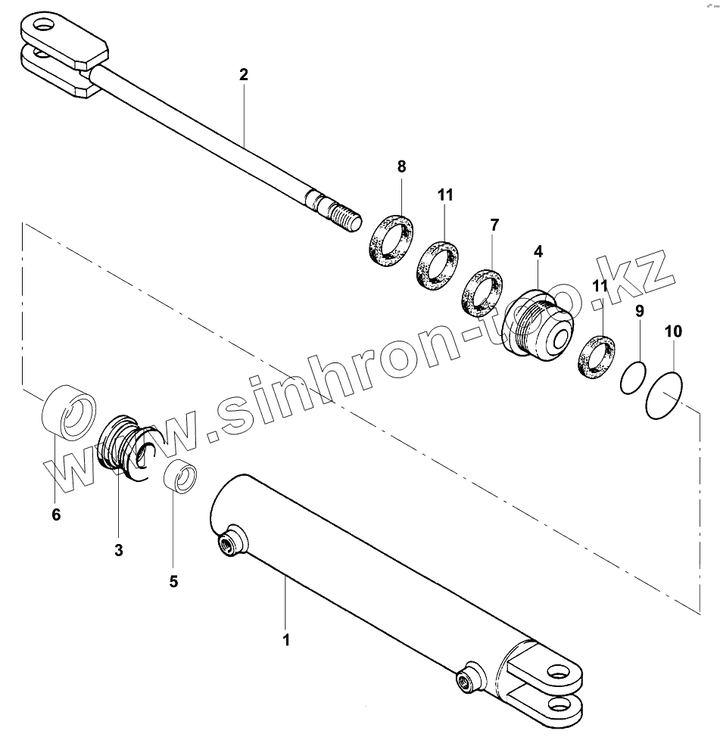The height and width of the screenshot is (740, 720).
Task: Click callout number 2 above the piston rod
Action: [x=243, y=75]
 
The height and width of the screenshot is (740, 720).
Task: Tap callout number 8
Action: [x=401, y=166]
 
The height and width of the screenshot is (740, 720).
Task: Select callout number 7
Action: [x=494, y=225]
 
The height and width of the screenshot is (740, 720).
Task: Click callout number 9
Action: [x=640, y=310]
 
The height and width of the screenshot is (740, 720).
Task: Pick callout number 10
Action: [x=673, y=331]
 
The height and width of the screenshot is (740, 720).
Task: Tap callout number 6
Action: [x=56, y=515]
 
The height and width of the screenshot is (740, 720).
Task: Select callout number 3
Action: [x=119, y=550]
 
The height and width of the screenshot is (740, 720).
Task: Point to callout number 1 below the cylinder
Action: [x=286, y=639]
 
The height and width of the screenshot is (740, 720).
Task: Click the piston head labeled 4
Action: [x=539, y=326]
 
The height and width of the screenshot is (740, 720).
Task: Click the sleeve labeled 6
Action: [x=67, y=413]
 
